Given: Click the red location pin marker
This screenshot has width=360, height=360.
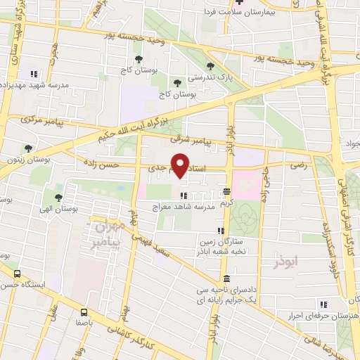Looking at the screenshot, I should (x=181, y=165).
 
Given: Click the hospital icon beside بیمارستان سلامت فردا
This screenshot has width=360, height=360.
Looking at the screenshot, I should (x=239, y=2).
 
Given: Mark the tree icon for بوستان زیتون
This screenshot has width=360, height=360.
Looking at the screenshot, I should (x=28, y=148).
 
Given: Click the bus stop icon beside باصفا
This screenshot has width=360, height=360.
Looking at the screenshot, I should (x=84, y=311).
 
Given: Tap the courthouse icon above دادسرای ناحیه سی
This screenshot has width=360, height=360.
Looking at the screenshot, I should (x=226, y=278).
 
